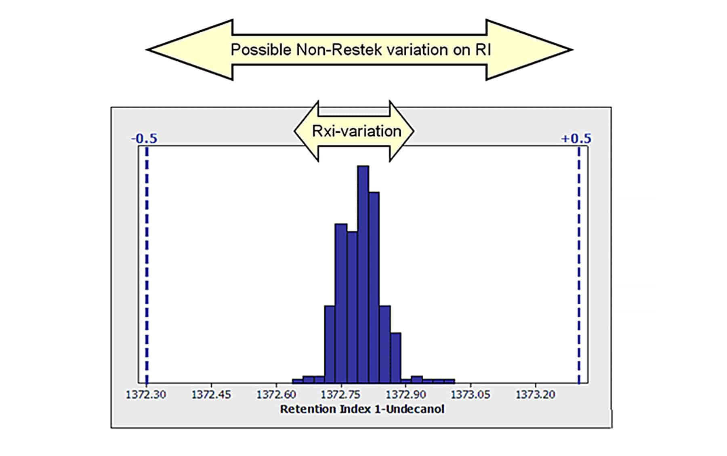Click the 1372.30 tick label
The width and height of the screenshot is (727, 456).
click(x=146, y=395)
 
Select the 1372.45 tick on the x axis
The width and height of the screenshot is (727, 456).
click(x=211, y=395)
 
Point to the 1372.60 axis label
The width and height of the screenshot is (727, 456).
click(x=276, y=395)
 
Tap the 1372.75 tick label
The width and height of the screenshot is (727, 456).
click(x=341, y=395)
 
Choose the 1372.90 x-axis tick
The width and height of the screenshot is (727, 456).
click(x=406, y=395)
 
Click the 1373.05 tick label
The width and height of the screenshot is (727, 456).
click(x=471, y=395)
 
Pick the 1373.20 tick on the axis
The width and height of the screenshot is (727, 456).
click(x=536, y=395)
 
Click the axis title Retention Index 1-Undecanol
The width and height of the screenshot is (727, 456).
click(x=362, y=409)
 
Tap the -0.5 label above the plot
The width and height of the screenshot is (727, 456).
click(x=144, y=139)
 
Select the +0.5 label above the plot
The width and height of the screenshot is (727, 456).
click(x=576, y=139)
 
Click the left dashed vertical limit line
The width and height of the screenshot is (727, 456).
click(x=147, y=263)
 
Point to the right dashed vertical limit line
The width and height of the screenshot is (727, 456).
click(x=579, y=263)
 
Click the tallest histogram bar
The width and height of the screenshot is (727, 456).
click(x=363, y=275)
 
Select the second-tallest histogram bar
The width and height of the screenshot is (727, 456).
click(x=374, y=287)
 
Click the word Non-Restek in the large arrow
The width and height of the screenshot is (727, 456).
click(x=339, y=50)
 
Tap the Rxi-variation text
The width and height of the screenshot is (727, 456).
click(x=357, y=131)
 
